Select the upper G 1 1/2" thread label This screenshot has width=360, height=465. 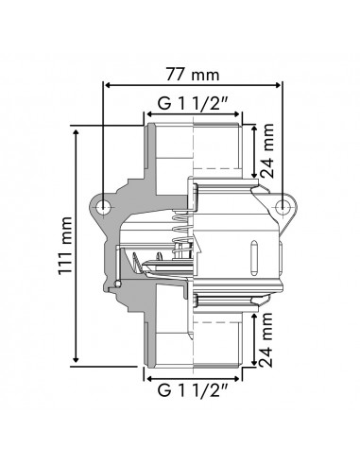[x=195, y=104]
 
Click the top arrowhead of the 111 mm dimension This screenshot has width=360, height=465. [x=75, y=129]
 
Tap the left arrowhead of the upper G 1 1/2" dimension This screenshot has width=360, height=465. [x=149, y=119]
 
